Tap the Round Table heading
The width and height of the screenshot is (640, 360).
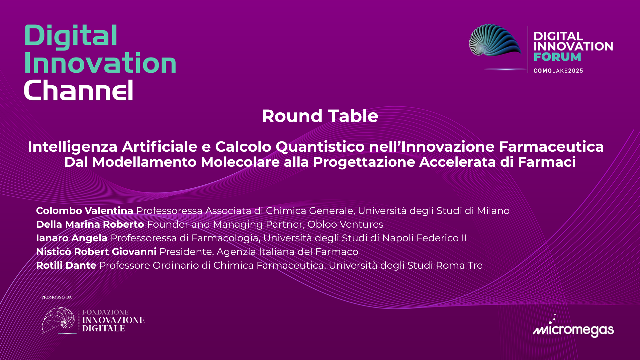(320, 116)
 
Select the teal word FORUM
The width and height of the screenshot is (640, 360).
(557, 57)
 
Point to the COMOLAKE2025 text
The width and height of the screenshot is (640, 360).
(558, 71)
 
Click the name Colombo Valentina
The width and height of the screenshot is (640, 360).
(84, 211)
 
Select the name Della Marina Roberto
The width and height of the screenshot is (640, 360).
(90, 224)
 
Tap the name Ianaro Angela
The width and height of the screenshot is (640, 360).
(72, 238)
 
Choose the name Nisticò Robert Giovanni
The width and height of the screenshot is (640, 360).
(96, 252)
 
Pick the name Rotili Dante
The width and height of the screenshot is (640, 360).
(66, 265)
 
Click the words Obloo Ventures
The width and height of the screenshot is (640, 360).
(345, 224)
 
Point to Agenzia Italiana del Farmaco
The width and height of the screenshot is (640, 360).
(287, 252)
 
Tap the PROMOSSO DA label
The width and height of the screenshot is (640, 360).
(57, 297)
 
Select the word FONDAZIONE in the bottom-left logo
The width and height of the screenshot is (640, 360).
(105, 312)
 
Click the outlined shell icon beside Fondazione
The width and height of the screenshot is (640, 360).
(59, 320)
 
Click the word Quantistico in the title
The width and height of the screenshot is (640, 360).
(320, 147)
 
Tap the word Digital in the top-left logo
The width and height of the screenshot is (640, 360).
(71, 36)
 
